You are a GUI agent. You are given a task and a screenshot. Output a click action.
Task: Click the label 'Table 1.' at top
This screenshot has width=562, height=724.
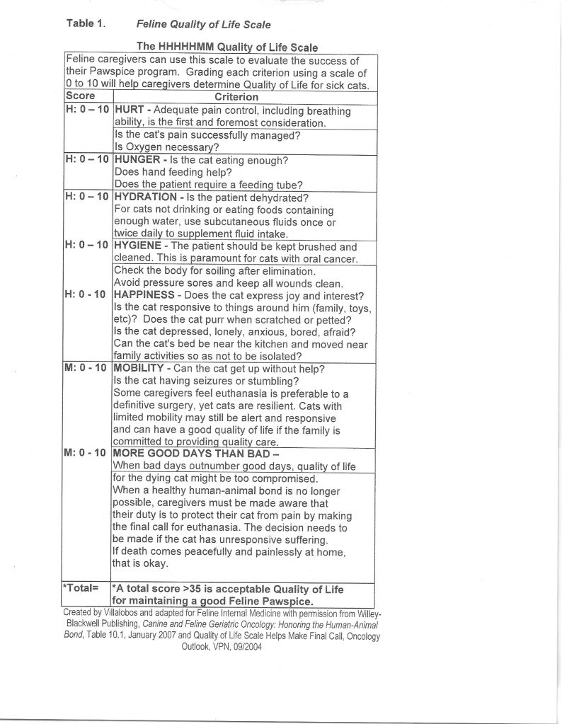86,24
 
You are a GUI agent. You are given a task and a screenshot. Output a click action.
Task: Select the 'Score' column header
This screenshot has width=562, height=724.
80,96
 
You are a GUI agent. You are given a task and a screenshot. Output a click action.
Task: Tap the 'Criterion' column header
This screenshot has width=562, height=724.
237,96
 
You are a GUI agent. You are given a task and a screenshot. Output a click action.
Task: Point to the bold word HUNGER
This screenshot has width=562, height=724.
139,160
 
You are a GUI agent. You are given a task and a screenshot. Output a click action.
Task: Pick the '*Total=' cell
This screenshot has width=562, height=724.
81,589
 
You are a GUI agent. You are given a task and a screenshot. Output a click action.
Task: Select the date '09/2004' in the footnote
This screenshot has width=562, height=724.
241,647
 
